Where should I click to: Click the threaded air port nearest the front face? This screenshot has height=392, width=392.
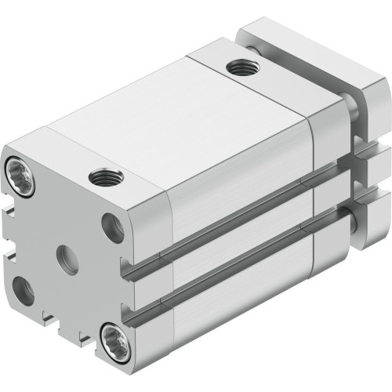tap(103, 177)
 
